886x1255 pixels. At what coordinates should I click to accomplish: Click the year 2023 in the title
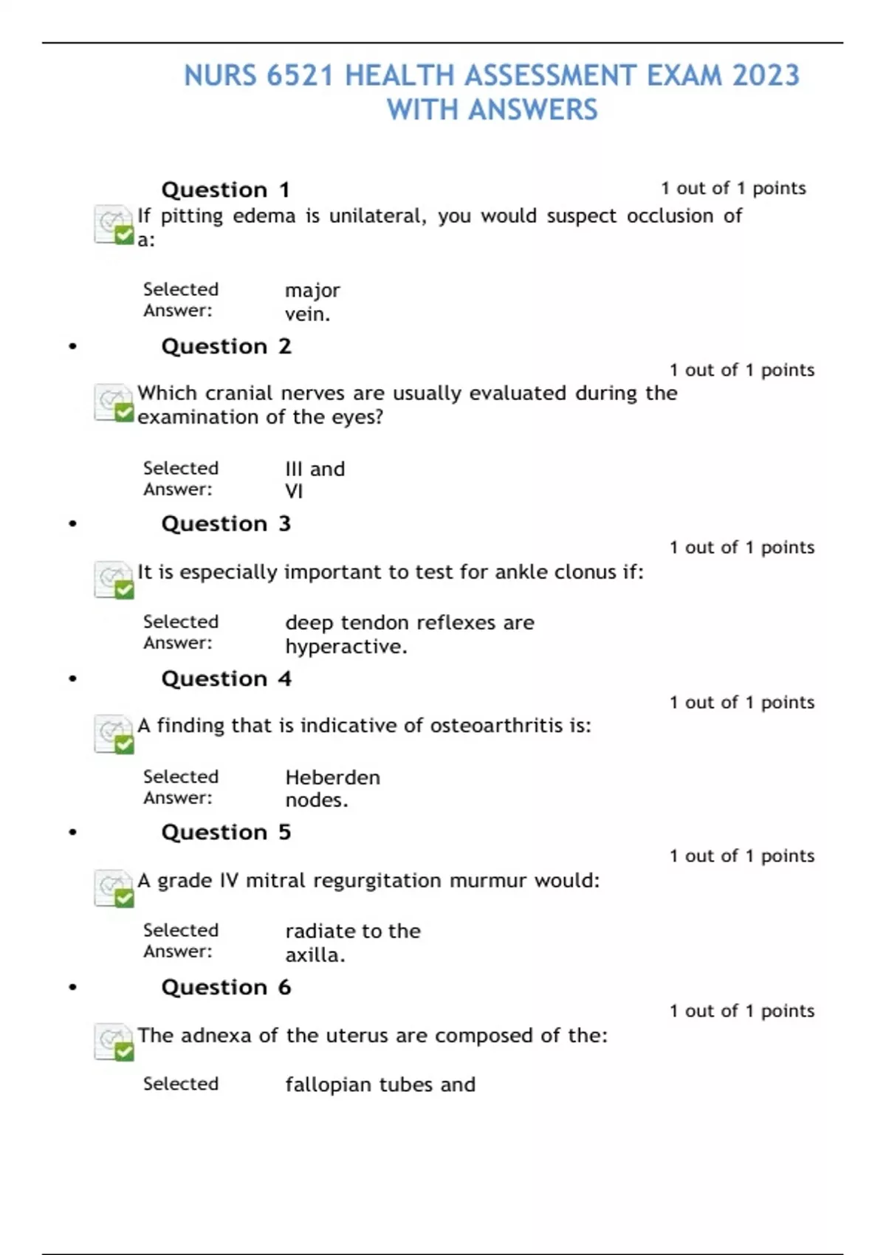[766, 75]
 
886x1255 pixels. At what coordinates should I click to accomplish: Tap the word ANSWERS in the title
[533, 110]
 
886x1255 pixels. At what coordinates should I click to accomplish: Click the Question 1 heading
[225, 190]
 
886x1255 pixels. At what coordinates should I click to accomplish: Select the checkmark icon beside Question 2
[114, 403]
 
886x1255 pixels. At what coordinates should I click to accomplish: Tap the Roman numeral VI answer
[294, 491]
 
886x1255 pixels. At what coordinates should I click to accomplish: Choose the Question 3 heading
[225, 523]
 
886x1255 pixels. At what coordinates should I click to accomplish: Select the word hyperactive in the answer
[346, 647]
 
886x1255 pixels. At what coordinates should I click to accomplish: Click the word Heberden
[332, 777]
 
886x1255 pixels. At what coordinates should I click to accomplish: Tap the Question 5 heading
[225, 832]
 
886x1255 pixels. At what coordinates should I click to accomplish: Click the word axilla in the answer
[314, 955]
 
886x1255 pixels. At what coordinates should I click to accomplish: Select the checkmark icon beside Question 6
[114, 1042]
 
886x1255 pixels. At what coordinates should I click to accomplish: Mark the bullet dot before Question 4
[72, 678]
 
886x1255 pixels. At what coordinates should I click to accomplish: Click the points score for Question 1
[732, 188]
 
